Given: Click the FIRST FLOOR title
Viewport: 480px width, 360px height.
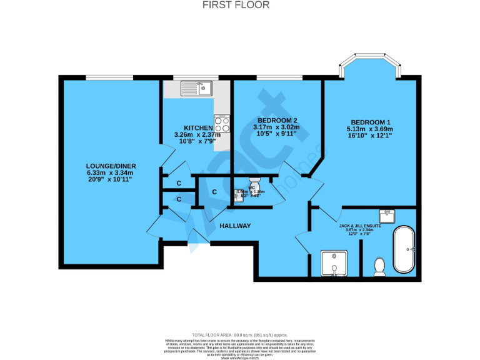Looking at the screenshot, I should [236, 5].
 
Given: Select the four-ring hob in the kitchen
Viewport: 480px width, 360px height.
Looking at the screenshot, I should [222, 124].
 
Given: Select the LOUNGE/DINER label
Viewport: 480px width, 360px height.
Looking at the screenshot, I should [111, 166].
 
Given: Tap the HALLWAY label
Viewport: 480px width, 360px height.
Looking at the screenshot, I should [235, 226].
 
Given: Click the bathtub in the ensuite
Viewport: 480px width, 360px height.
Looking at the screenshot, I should [404, 250].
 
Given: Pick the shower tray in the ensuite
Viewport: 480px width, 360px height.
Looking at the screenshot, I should [334, 263].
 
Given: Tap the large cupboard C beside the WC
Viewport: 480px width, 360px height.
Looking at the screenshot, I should [214, 192].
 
